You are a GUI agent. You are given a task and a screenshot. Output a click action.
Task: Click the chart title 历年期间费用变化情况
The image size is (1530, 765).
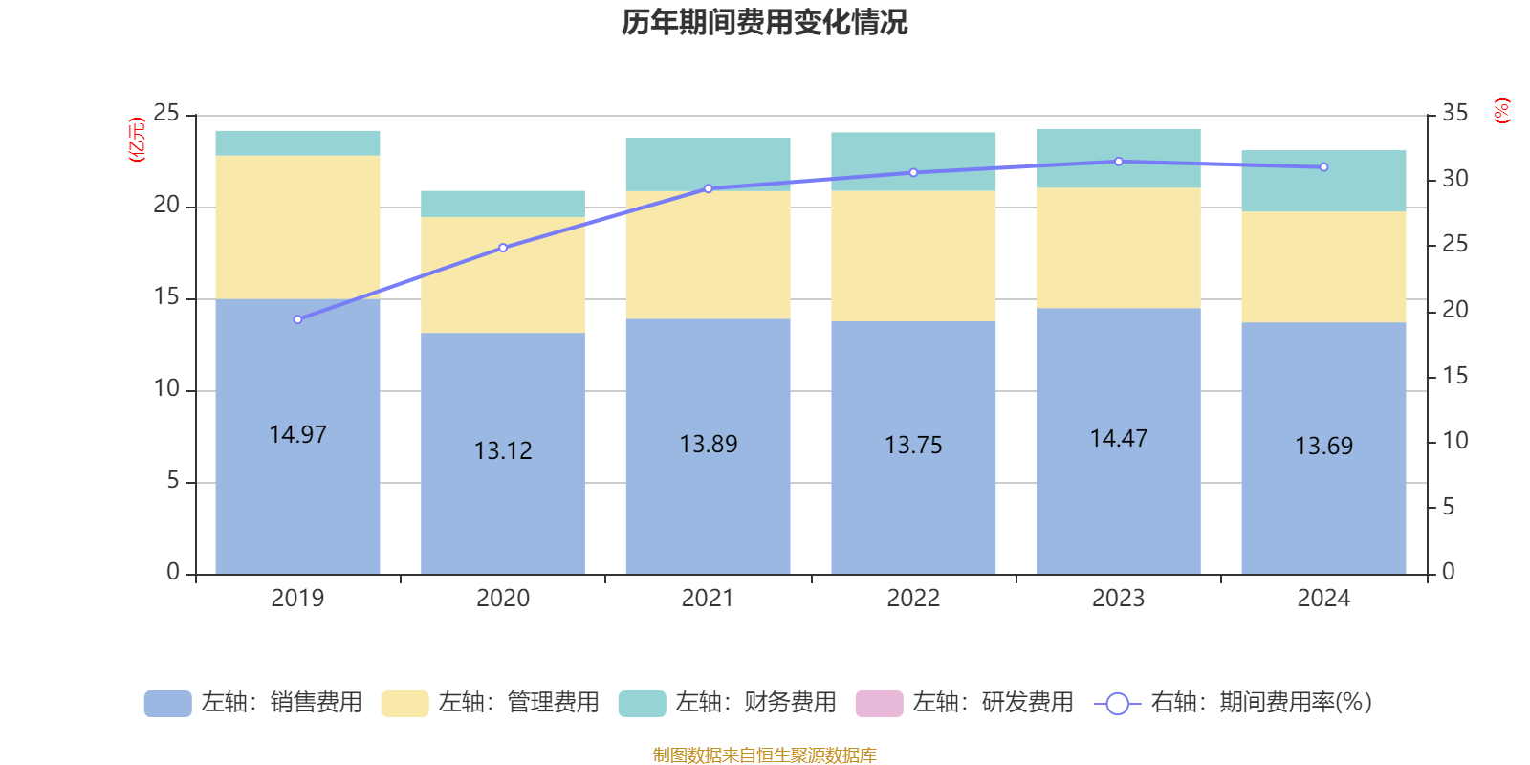[764, 22]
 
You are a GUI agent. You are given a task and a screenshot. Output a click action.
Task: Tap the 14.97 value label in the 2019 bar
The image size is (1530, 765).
[297, 435]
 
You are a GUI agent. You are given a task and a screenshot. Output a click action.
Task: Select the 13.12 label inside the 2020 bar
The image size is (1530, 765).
[503, 450]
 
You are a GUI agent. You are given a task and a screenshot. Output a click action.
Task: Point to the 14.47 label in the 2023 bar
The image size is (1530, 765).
[1118, 439]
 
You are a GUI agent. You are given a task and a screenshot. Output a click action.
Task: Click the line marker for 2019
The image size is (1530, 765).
[297, 319]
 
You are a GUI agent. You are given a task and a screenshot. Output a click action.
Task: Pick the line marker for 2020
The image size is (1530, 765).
[503, 248]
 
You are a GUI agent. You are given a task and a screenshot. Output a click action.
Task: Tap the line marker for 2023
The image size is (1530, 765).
[1118, 162]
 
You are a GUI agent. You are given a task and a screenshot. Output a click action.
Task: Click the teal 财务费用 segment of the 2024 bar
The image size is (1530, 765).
[1323, 181]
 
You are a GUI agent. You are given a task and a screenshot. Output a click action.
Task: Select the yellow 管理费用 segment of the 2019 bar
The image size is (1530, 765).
[297, 228]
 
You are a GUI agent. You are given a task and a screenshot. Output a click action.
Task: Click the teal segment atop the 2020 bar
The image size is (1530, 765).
[503, 204]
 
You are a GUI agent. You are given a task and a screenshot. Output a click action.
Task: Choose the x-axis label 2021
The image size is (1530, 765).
[708, 599]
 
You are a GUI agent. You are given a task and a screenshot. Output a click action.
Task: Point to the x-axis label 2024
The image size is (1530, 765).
[1323, 599]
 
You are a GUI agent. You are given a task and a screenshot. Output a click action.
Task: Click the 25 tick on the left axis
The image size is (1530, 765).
[166, 114]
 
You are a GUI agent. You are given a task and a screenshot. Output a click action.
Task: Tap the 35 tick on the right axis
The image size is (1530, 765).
[1454, 114]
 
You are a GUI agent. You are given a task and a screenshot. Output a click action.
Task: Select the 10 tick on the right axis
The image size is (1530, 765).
[1454, 441]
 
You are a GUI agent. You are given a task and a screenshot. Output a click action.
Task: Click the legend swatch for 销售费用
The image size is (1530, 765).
[167, 703]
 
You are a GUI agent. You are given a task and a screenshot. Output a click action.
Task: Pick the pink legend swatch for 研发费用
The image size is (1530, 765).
[879, 703]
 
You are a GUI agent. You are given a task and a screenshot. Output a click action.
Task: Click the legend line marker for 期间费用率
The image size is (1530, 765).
[1117, 704]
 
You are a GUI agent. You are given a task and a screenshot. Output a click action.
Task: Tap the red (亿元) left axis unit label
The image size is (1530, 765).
[137, 140]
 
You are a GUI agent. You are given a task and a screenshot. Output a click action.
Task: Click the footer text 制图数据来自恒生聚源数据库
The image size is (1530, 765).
[764, 755]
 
